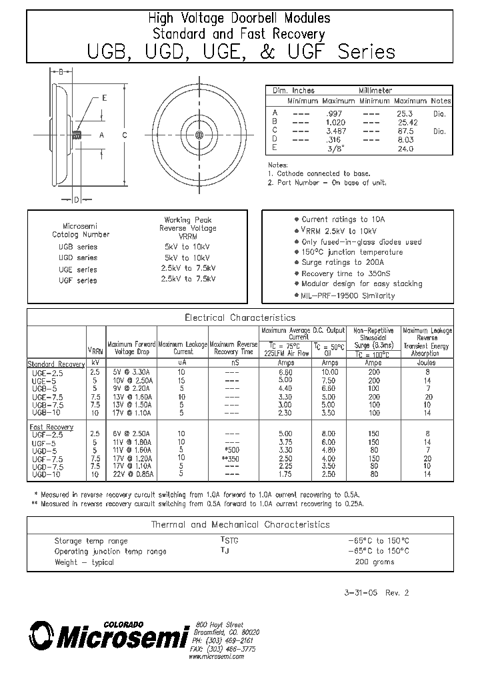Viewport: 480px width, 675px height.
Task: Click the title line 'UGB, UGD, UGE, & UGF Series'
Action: [240, 51]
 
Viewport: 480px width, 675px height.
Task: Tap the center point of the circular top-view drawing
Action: [199, 135]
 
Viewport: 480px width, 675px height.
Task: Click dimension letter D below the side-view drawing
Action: [77, 199]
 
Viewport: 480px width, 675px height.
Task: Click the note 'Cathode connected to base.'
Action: [318, 173]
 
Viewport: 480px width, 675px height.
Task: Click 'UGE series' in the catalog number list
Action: [78, 269]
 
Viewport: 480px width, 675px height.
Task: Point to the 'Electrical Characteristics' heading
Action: [239, 317]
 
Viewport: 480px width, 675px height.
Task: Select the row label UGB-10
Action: [48, 413]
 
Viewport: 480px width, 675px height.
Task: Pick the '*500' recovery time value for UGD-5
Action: [232, 450]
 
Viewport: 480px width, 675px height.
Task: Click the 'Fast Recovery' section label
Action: [51, 426]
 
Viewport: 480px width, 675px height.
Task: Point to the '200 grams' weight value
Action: [375, 562]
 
